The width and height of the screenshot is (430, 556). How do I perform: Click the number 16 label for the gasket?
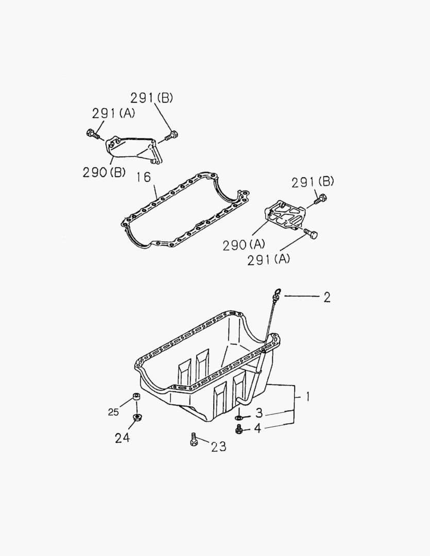pos(144,178)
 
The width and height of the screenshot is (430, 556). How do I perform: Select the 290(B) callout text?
pos(104,172)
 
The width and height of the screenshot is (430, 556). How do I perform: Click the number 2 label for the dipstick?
pos(326,297)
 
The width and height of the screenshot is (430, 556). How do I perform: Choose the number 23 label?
pos(218,446)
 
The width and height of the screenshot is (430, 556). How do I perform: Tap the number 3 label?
pos(260,413)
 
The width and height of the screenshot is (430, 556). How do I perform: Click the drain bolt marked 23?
pos(194,440)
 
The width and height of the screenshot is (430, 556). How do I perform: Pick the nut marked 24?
pos(136,417)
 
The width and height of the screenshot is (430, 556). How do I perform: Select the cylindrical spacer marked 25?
pos(136,397)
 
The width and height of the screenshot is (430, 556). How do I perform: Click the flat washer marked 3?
pos(239,417)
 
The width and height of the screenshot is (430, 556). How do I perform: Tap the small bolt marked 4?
pos(239,429)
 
